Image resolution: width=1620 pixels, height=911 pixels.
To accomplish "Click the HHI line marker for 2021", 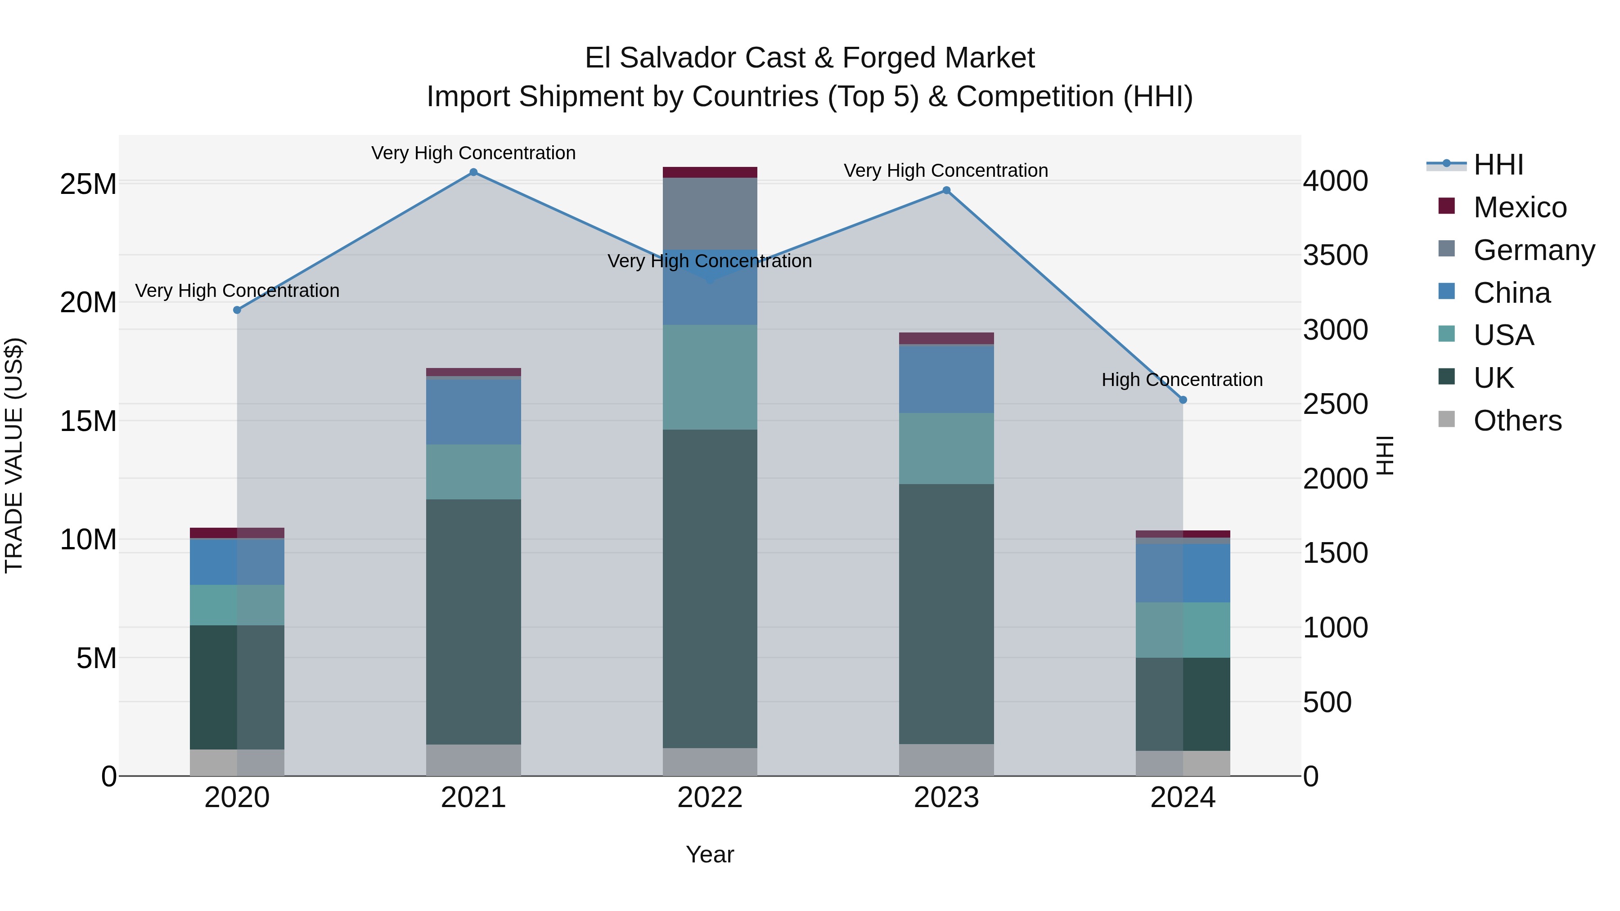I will [473, 172].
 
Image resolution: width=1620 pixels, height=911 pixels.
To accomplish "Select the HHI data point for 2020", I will [237, 310].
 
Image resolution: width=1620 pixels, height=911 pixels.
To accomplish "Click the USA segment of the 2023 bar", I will [946, 448].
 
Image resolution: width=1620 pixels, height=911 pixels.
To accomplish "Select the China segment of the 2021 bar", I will [473, 412].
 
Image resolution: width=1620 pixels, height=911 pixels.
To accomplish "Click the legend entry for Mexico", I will [1519, 207].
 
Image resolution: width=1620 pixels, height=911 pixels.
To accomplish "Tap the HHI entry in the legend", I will [1498, 165].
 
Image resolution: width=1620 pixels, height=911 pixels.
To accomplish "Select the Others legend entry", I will [1517, 421].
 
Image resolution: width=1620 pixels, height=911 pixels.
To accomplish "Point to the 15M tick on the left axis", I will [88, 421].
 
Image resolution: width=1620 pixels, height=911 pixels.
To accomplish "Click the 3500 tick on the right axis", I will [1335, 255].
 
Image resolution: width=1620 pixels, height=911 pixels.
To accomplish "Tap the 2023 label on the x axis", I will [946, 798].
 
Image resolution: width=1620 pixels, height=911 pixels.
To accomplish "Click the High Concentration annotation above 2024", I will [1182, 380].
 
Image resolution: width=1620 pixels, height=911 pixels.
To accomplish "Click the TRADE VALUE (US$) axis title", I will [14, 455].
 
